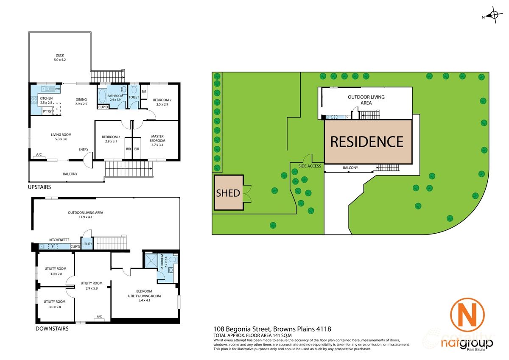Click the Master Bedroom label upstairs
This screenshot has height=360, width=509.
pyautogui.click(x=157, y=139)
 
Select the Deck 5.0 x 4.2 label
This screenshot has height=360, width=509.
pyautogui.click(x=60, y=58)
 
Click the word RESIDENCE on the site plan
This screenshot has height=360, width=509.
pyautogui.click(x=367, y=141)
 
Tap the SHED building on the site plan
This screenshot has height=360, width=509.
pyautogui.click(x=229, y=193)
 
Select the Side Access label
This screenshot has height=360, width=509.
pyautogui.click(x=310, y=166)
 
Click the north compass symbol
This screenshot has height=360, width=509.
pyautogui.click(x=493, y=16)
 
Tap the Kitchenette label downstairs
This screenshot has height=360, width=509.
pyautogui.click(x=59, y=240)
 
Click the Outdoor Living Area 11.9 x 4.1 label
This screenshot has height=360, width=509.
pyautogui.click(x=85, y=215)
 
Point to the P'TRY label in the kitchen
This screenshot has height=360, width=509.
pyautogui.click(x=47, y=111)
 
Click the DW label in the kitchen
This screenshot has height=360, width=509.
pyautogui.click(x=57, y=89)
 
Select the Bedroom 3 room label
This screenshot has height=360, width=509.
pyautogui.click(x=111, y=139)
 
